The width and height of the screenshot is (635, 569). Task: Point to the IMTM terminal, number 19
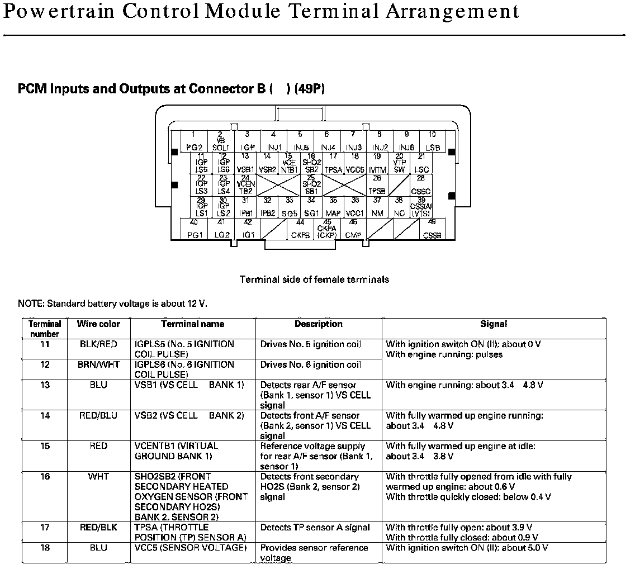[378, 163]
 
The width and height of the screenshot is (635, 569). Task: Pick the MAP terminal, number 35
[333, 207]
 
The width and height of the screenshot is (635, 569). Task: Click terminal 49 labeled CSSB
[432, 230]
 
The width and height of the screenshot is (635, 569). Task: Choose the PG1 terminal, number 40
[195, 230]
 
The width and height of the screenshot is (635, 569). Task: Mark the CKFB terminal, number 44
[300, 230]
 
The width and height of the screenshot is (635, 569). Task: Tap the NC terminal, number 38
[399, 207]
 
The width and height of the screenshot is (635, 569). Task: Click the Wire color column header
[98, 324]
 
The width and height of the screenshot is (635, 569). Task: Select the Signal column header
[494, 324]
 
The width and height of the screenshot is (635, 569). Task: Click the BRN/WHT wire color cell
[98, 365]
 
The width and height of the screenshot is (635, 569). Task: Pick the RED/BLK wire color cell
[98, 528]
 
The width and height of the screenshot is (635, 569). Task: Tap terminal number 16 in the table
[45, 477]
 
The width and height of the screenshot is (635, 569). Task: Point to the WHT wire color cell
[98, 477]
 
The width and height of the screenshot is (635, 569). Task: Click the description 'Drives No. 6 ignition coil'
[311, 365]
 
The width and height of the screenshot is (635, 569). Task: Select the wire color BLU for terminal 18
[98, 548]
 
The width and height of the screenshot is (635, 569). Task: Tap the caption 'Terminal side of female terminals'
[314, 279]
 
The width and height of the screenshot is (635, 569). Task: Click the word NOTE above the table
[31, 304]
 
